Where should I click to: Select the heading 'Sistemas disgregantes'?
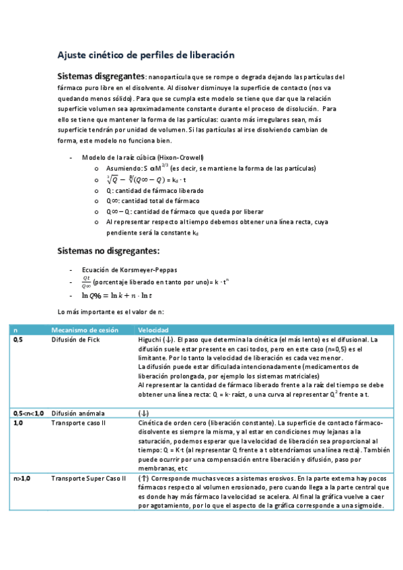[100, 76]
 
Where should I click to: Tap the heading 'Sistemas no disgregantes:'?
[108, 251]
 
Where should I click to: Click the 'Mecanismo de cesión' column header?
[84, 330]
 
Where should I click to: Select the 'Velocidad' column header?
[153, 330]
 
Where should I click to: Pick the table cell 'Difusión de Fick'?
[75, 340]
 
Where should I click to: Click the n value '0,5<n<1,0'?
[28, 413]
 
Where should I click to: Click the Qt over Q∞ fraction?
[85, 282]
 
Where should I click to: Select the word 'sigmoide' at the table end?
[366, 506]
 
